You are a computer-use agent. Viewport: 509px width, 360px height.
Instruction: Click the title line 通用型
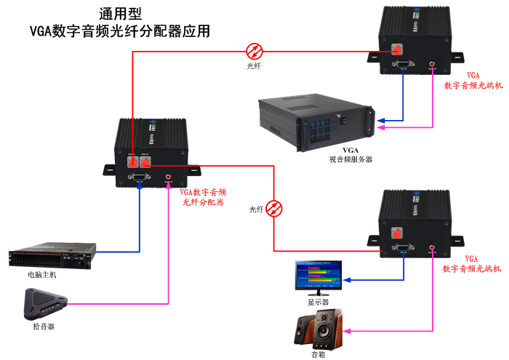pos(119,14)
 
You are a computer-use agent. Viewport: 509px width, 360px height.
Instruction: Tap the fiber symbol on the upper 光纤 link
pos(254,51)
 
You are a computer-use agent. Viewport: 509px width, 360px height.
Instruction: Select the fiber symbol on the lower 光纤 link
pos(273,209)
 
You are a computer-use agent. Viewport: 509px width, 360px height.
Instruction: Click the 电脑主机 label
pos(42,275)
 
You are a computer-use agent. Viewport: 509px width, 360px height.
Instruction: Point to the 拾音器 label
pos(44,326)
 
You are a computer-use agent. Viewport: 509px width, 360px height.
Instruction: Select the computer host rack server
pos(52,257)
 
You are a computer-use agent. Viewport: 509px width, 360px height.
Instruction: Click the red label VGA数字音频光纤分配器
pos(203,197)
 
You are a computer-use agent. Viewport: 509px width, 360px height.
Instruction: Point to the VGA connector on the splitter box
pos(138,177)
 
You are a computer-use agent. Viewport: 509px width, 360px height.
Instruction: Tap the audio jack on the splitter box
pos(169,177)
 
